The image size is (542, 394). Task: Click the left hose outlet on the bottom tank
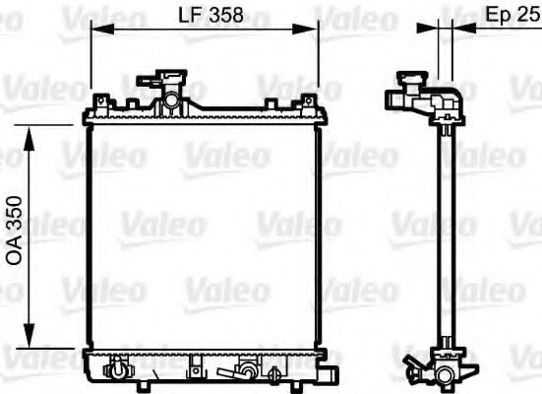coord(119,370)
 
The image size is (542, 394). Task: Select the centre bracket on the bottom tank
coord(193,369)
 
